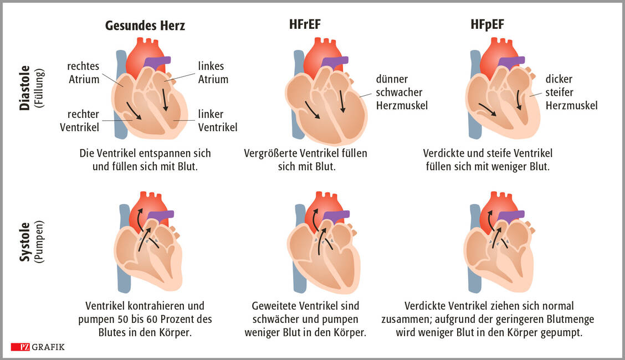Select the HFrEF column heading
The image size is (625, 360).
click(304, 25)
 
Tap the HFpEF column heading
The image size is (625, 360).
click(484, 25)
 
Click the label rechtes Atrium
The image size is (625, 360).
click(84, 73)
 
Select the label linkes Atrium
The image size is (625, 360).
click(213, 73)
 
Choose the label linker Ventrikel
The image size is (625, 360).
click(217, 121)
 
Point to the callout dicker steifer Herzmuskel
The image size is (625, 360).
click(571, 92)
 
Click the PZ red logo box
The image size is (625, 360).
click(20, 347)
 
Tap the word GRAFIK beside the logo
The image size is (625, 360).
click(48, 347)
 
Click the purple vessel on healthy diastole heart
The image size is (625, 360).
click(157, 62)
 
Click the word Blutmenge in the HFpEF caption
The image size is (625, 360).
click(572, 320)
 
